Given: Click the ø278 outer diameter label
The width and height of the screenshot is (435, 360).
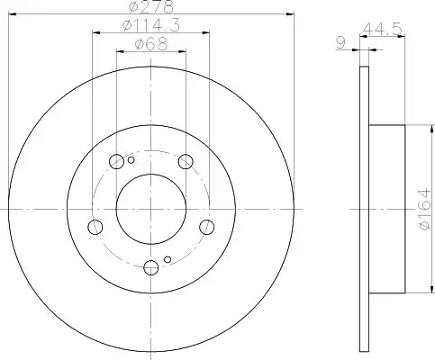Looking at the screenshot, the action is pos(151,6).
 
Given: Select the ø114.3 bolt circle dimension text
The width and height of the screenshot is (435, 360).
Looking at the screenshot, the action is pos(151,25).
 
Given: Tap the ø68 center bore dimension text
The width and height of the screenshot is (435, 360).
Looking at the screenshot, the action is pos(151,44).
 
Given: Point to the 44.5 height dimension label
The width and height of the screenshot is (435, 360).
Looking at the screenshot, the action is pos(382,30).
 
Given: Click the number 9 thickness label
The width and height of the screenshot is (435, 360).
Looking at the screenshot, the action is pos(341,43).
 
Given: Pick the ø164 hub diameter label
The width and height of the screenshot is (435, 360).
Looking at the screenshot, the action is pos(425,209).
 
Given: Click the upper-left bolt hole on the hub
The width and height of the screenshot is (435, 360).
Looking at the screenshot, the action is pos(116,162).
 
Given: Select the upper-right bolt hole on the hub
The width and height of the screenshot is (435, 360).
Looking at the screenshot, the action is pos(186,162).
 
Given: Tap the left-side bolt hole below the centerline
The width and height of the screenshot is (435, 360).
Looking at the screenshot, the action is pos(95,227).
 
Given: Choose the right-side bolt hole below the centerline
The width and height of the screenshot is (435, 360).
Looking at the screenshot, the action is pos(207,227).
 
